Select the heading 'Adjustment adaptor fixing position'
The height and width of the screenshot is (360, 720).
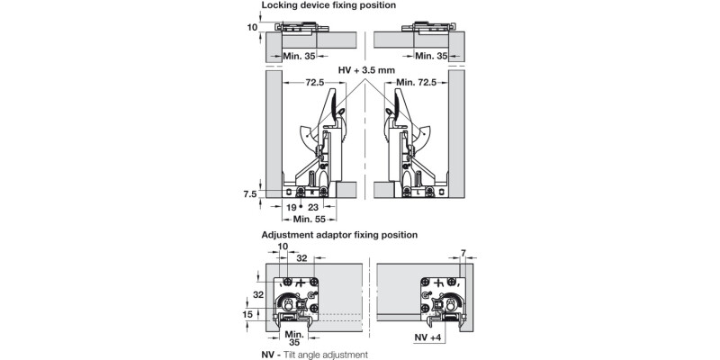tap(339, 234)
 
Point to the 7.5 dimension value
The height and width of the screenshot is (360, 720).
tap(250, 193)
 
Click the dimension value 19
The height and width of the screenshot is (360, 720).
tap(292, 207)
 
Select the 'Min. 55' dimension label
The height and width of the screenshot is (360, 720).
tap(304, 219)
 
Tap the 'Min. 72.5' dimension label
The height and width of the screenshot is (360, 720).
tap(417, 83)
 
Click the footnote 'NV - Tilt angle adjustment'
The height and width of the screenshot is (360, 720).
tap(313, 355)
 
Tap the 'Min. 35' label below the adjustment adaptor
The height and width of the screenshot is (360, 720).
tap(294, 337)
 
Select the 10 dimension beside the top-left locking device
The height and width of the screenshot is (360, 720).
tap(253, 27)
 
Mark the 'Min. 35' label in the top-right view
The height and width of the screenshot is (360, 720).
tap(432, 56)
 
